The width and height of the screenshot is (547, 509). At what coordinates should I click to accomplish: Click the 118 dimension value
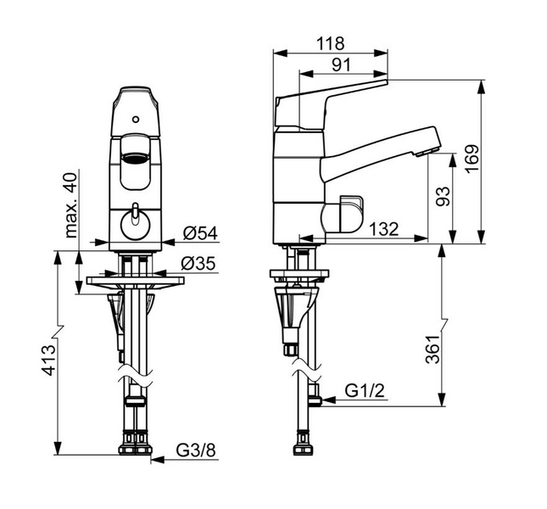330,43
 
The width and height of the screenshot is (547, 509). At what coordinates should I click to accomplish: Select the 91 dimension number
341,64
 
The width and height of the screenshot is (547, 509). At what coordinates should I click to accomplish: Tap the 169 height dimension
472,159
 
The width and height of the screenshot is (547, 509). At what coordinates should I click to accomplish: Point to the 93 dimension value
444,196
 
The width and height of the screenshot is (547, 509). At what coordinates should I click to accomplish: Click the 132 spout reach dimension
383,229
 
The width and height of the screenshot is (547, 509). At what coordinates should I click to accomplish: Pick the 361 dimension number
433,350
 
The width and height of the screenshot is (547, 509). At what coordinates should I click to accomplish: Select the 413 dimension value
48,360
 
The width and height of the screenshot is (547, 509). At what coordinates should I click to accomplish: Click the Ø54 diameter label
200,233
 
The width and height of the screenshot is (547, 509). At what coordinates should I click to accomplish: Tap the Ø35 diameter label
198,263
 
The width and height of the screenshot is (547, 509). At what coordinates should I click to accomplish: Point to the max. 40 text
71,205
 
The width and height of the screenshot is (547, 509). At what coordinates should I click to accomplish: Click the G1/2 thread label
365,390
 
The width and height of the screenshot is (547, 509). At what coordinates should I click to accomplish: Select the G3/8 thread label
196,450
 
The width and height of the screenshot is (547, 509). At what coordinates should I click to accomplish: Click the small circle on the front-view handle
136,120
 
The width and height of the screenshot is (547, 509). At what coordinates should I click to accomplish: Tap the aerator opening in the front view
136,158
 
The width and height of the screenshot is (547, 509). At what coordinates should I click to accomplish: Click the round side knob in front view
136,225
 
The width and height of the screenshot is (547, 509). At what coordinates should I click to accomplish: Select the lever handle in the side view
332,103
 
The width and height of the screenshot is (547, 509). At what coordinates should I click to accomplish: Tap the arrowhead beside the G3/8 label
158,460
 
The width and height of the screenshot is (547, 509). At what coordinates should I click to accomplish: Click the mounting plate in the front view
136,281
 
